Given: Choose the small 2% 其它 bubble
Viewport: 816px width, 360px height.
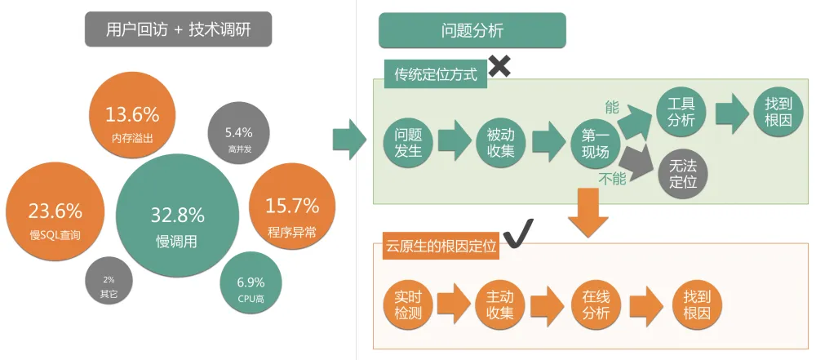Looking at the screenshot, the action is [x=109, y=282].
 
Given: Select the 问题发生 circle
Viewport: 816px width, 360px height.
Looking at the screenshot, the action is [x=408, y=140].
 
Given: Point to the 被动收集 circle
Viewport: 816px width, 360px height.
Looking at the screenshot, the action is [x=500, y=140].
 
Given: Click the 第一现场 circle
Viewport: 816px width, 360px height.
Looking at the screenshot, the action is [x=595, y=141].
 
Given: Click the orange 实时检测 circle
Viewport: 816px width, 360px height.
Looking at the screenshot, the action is [x=407, y=304].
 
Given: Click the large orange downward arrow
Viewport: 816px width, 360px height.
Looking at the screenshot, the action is [x=588, y=212].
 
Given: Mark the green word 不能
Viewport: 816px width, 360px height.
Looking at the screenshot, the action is [x=613, y=177].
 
